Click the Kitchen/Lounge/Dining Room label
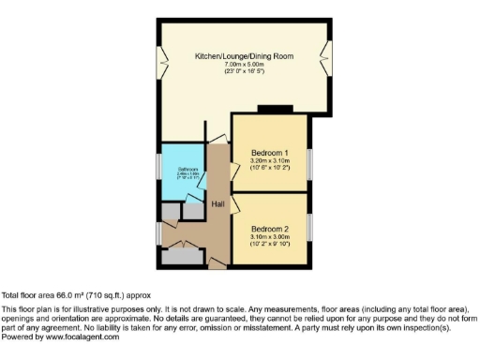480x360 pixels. click(244, 56)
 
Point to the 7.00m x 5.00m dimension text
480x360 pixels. click(244, 65)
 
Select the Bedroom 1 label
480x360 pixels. click(269, 153)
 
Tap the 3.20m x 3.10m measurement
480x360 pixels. click(269, 161)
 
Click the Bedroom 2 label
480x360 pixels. click(269, 228)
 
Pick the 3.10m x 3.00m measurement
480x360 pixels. click(269, 236)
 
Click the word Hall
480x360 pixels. click(217, 203)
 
